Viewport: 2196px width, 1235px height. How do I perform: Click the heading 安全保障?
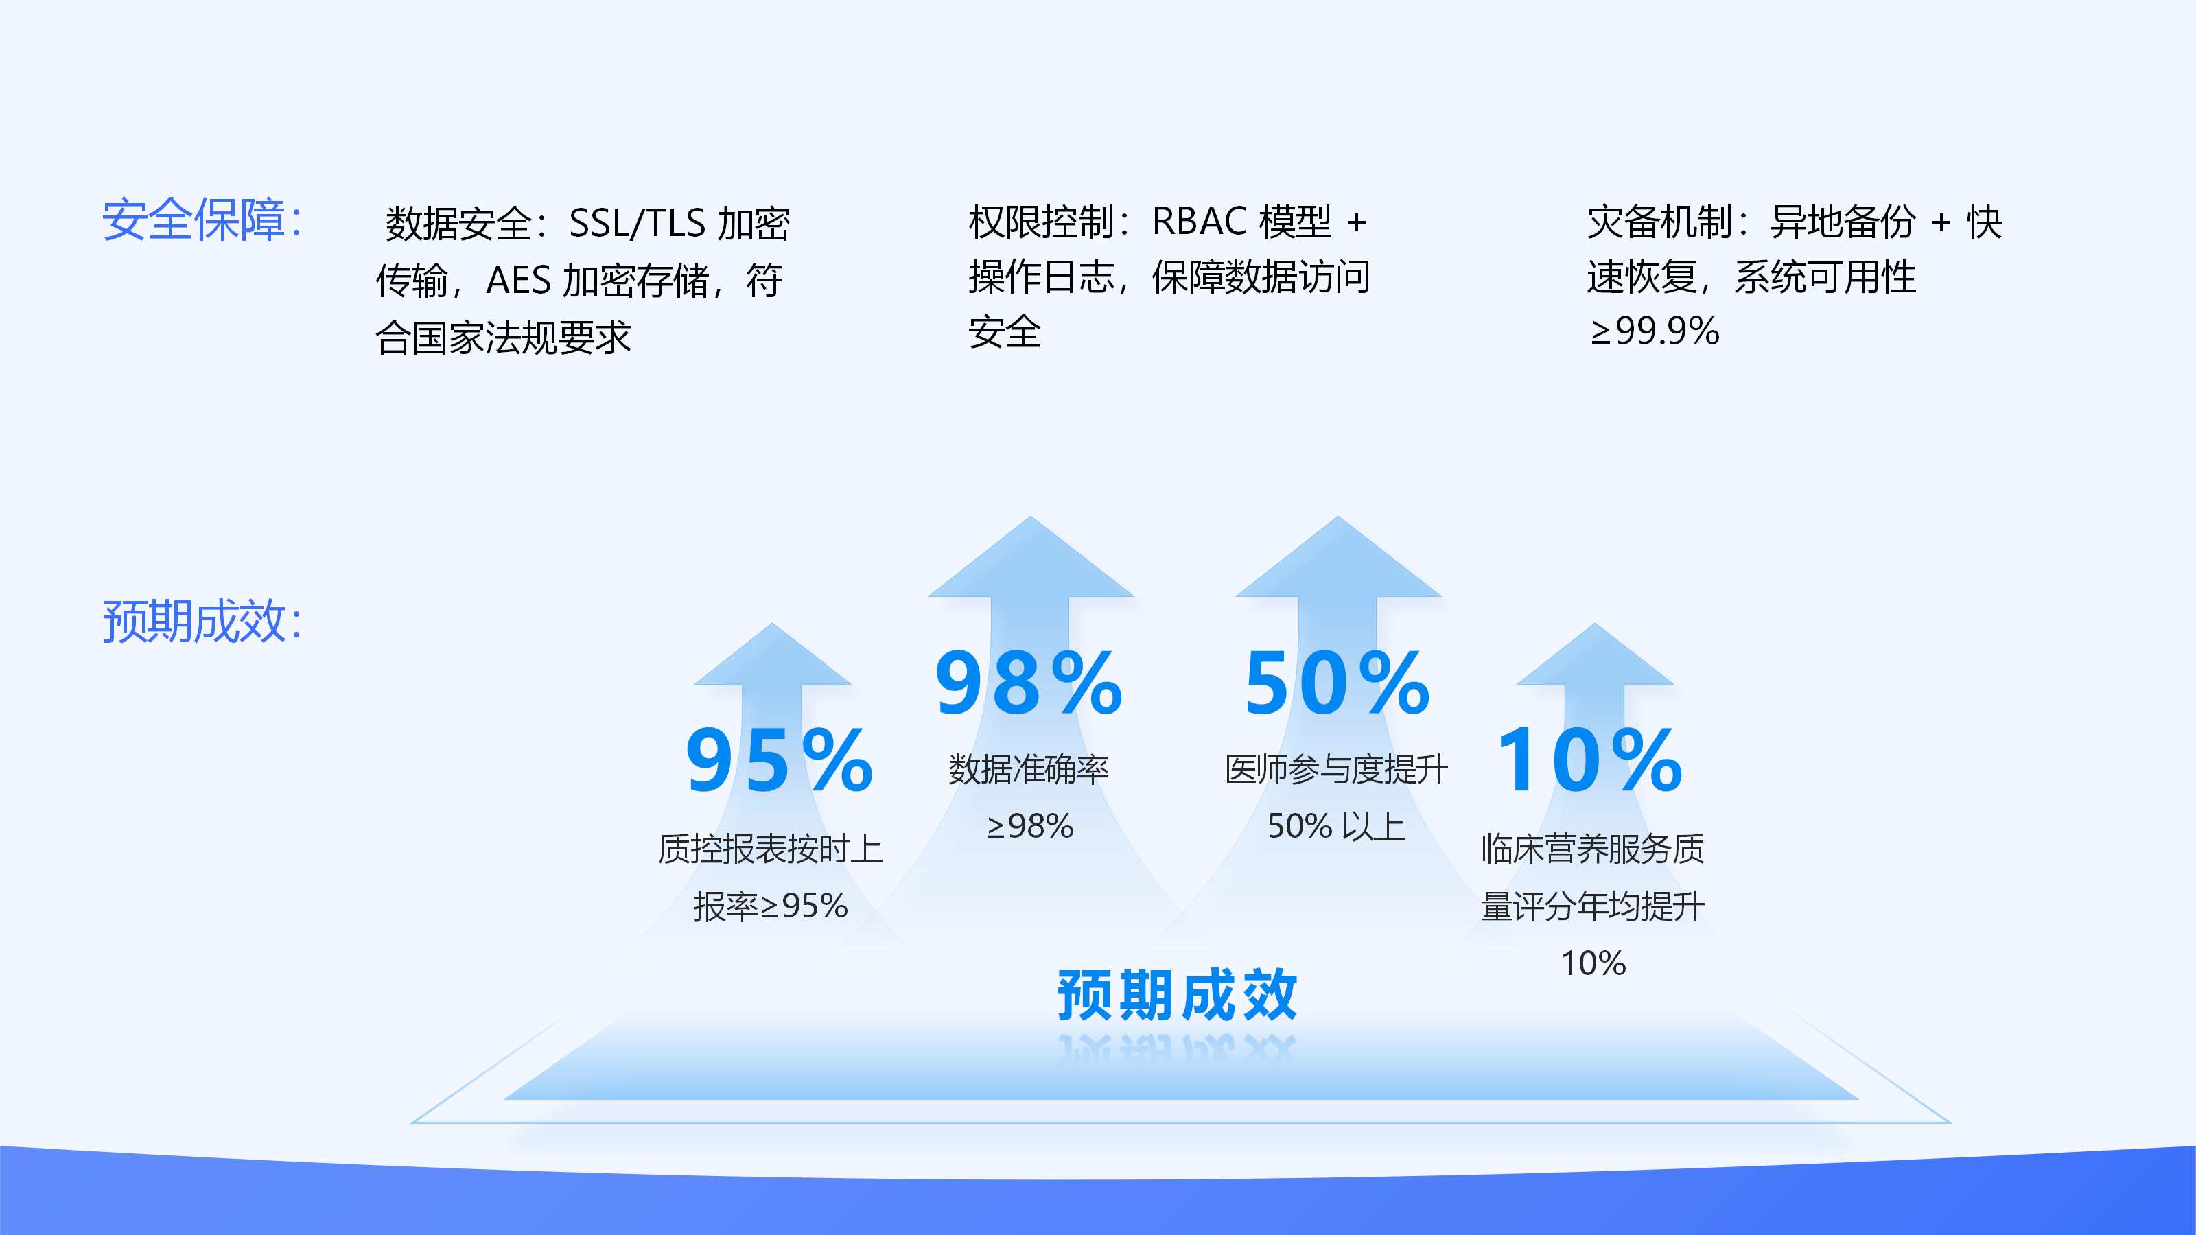(x=201, y=220)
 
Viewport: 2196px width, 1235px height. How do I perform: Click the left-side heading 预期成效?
(x=201, y=622)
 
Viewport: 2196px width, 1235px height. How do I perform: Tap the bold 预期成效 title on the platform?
(x=1176, y=995)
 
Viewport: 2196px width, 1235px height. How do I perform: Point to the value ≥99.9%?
(x=1654, y=331)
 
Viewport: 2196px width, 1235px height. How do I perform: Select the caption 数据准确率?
(x=1029, y=770)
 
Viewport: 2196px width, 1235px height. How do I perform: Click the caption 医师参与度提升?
(x=1336, y=770)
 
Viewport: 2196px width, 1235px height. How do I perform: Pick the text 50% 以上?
(x=1336, y=826)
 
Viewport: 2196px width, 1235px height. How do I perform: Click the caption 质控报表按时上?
(x=770, y=849)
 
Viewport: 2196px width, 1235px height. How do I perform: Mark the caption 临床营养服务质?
(x=1592, y=849)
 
